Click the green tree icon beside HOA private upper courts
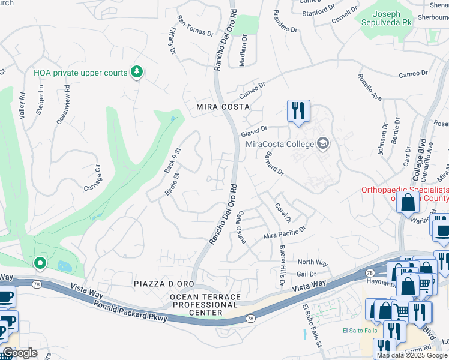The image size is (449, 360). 137,73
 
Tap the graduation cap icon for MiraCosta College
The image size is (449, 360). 323,143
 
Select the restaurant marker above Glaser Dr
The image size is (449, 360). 298,110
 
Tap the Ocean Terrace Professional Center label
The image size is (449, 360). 205,305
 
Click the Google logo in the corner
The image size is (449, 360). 20,353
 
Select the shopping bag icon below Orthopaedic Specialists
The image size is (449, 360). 408,203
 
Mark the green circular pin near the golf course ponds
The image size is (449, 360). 40,263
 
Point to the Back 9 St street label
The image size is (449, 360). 173,161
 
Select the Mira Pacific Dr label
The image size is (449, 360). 285,232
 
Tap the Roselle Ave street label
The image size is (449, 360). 369,87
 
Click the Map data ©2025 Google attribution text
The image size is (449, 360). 412,355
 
